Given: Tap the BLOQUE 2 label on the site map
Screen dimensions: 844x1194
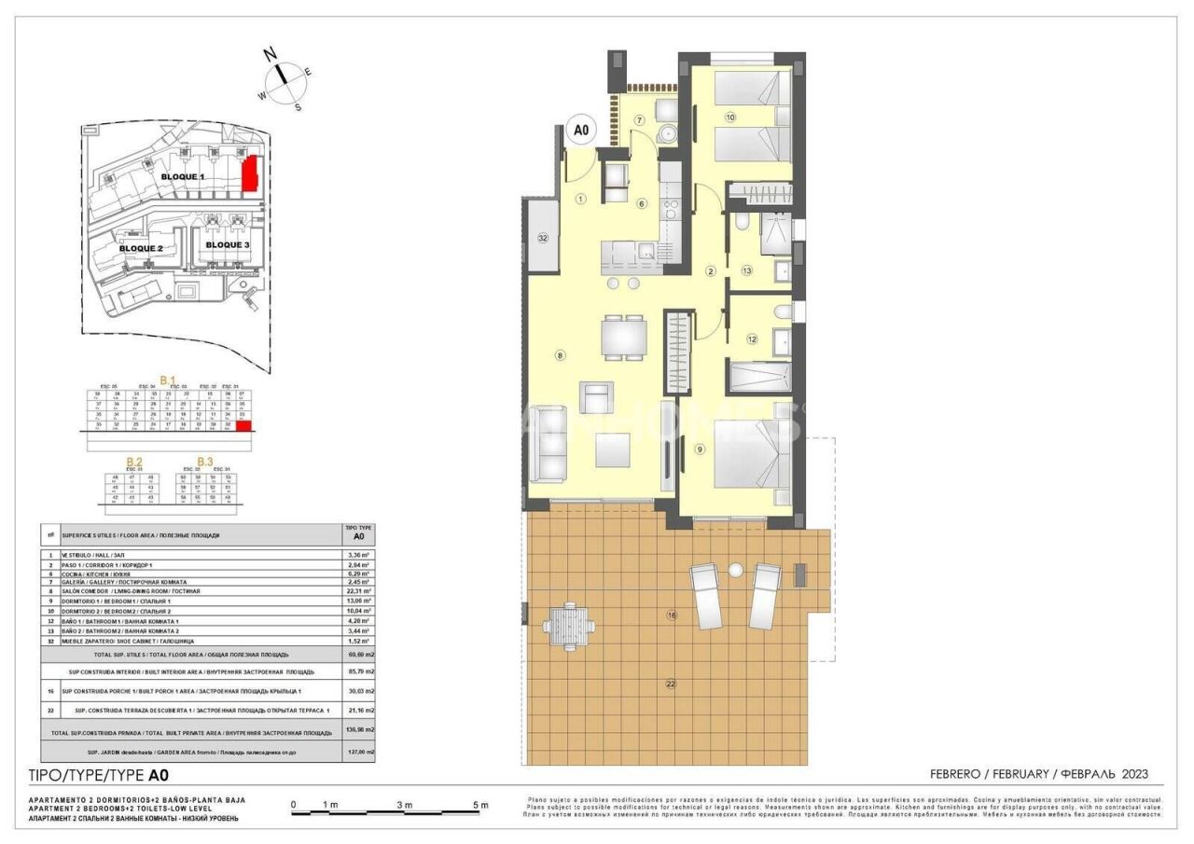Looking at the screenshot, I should (141, 249).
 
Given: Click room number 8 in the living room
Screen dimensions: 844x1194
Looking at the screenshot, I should (560, 354).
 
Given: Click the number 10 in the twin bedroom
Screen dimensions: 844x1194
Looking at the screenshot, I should (729, 118).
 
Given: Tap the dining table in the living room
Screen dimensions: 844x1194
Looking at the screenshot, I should (623, 338).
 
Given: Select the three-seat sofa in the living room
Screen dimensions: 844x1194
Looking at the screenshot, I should (548, 456).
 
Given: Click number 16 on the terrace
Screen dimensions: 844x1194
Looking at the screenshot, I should (670, 615).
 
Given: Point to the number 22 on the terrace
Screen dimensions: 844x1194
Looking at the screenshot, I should (670, 685).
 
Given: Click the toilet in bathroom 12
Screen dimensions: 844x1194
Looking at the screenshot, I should (783, 311).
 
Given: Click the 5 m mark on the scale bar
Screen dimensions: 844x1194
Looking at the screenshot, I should (479, 805).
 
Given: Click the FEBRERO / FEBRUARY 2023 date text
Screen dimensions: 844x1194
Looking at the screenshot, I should (1038, 774).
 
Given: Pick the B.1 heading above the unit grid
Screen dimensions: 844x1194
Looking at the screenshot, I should (169, 380).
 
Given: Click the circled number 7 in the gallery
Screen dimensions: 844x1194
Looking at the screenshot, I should (640, 120).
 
